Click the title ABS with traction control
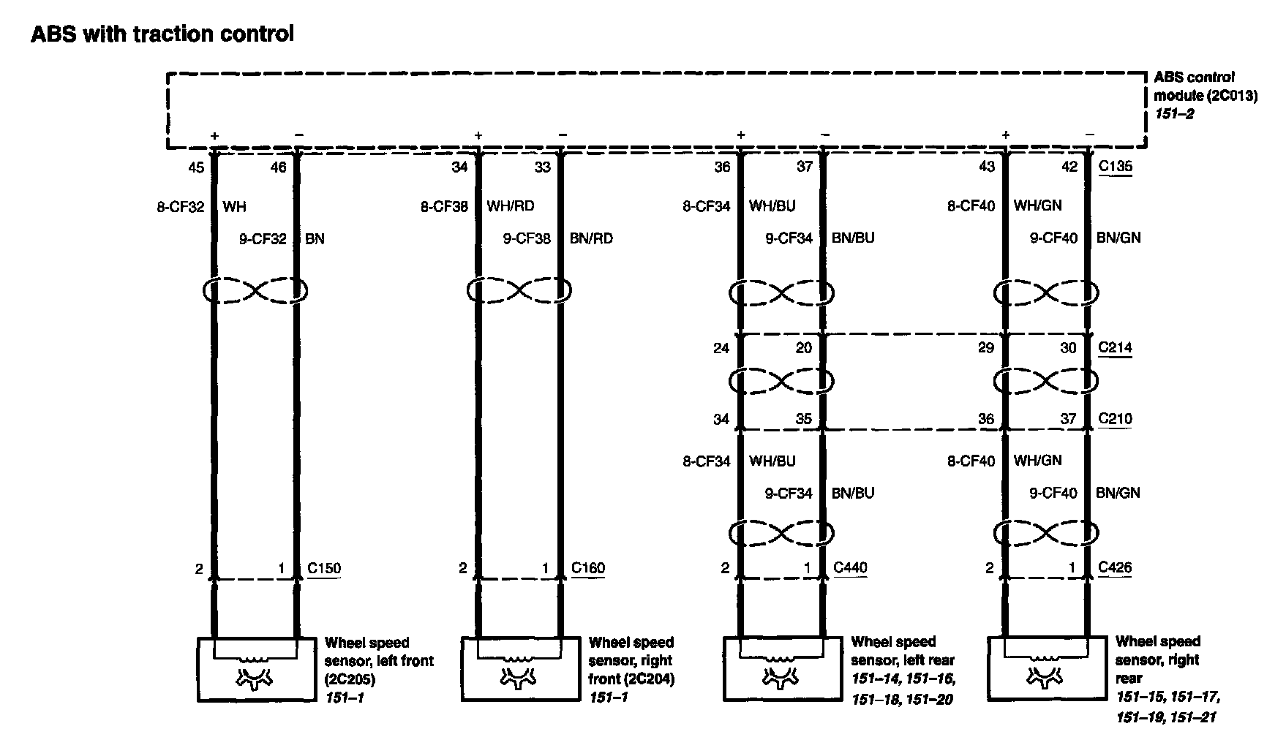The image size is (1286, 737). (x=162, y=34)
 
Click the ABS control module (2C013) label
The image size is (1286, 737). (x=1204, y=95)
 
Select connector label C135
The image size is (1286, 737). (x=1115, y=166)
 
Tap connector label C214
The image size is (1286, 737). (x=1115, y=347)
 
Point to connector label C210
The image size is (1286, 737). (x=1115, y=419)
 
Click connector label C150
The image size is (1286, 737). (x=323, y=568)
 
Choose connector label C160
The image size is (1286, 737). (x=587, y=568)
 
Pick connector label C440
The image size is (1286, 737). (x=850, y=567)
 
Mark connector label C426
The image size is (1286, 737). (x=1115, y=567)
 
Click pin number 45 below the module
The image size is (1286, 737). (x=196, y=167)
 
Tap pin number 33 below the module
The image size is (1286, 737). (x=542, y=167)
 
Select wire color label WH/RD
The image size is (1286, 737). (x=511, y=206)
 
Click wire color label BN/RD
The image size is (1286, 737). (x=591, y=238)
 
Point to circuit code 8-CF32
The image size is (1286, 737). (x=180, y=206)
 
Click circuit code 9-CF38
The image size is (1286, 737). (x=527, y=238)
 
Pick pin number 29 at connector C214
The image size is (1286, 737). (x=986, y=348)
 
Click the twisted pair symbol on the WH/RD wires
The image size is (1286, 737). (x=519, y=290)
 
